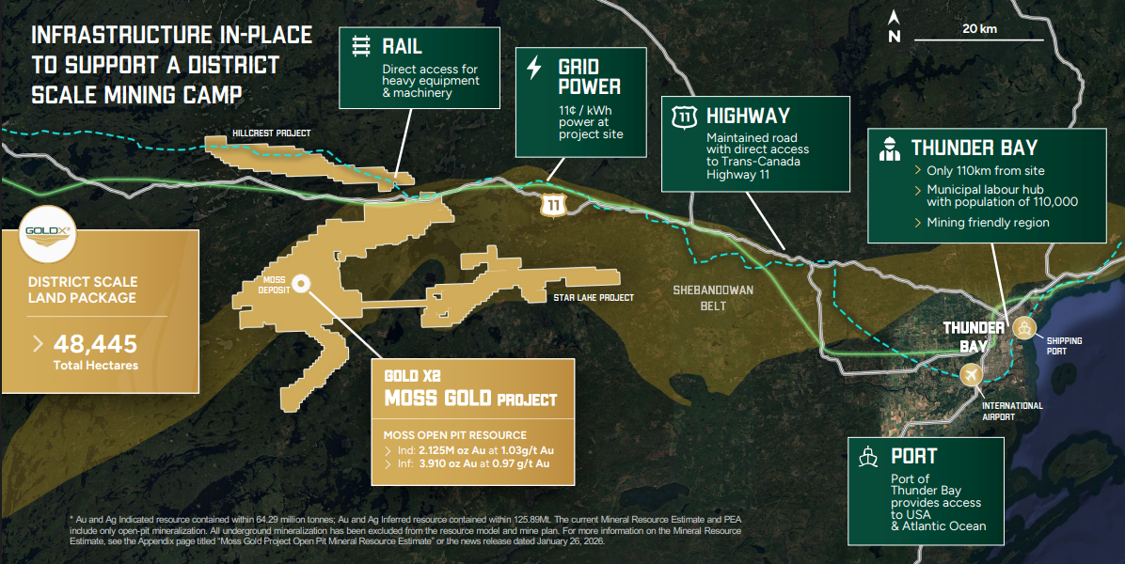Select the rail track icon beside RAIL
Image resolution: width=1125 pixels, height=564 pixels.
pyautogui.click(x=360, y=46)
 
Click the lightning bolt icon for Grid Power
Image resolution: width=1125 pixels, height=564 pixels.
pyautogui.click(x=534, y=69)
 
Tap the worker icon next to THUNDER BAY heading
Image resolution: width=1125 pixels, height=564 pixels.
pyautogui.click(x=886, y=148)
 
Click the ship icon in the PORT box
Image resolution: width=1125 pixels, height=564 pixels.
pyautogui.click(x=869, y=457)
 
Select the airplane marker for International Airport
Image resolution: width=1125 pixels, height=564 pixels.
pyautogui.click(x=970, y=374)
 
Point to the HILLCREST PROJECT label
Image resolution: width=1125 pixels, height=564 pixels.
pyautogui.click(x=273, y=133)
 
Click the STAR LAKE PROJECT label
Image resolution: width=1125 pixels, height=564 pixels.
pyautogui.click(x=594, y=297)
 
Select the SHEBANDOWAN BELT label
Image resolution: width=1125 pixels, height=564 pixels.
pyautogui.click(x=712, y=298)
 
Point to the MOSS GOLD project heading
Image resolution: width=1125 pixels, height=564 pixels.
pyautogui.click(x=470, y=398)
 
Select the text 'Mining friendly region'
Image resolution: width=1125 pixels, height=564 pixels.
pyautogui.click(x=988, y=223)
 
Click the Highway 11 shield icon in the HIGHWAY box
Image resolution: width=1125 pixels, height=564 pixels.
pyautogui.click(x=683, y=117)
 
